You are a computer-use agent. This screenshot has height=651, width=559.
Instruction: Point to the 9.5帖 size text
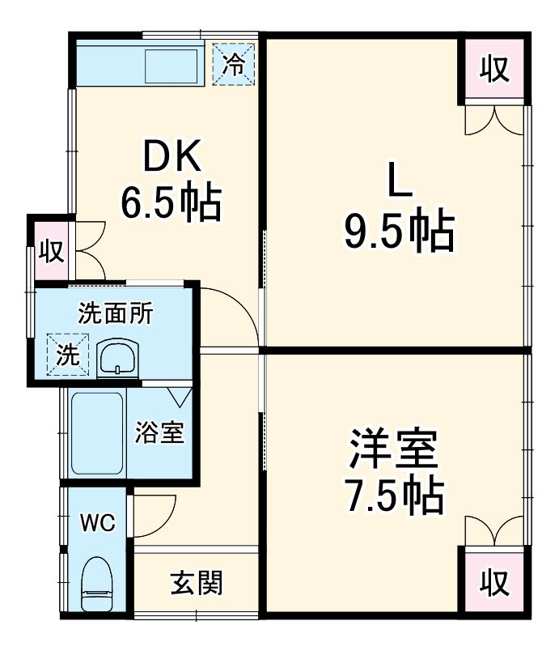coord(398,232)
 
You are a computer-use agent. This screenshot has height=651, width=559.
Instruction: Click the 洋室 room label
coord(394,451)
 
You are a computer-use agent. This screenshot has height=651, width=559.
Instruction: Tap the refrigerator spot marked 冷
coord(233,63)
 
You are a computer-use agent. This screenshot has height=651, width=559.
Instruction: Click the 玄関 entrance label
coord(196,583)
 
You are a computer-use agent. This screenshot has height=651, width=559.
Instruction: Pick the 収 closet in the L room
coord(494,70)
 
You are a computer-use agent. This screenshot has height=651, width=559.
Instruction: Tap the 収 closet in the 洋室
coord(494,581)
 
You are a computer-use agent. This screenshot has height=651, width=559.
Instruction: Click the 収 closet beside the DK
coord(50,251)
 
